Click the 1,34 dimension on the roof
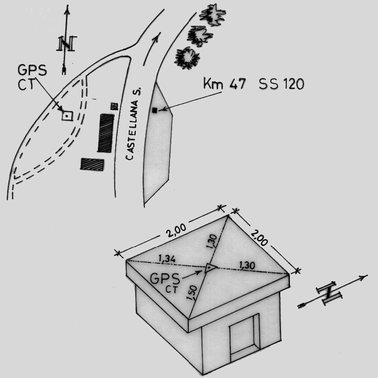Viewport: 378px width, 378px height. click(167, 259)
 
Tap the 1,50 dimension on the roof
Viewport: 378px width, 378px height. click(192, 293)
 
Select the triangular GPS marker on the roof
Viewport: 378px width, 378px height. click(210, 268)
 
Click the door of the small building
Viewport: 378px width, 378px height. click(244, 338)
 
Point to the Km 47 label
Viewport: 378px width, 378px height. click(224, 84)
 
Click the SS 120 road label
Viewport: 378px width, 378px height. click(282, 84)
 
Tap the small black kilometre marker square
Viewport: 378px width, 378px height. click(155, 110)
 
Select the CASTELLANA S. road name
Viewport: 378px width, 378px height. click(133, 124)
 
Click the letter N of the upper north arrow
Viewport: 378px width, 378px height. click(66, 43)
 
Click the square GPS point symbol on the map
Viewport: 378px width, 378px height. click(67, 116)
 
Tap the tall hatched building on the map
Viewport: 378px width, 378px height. click(106, 133)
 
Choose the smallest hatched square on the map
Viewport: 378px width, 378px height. click(114, 106)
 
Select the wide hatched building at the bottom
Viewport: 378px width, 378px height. click(92, 164)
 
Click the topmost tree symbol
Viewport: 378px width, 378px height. click(212, 14)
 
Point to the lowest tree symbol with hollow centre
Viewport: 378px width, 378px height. click(187, 58)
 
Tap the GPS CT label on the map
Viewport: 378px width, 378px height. click(32, 78)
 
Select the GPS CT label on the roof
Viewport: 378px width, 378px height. click(165, 283)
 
